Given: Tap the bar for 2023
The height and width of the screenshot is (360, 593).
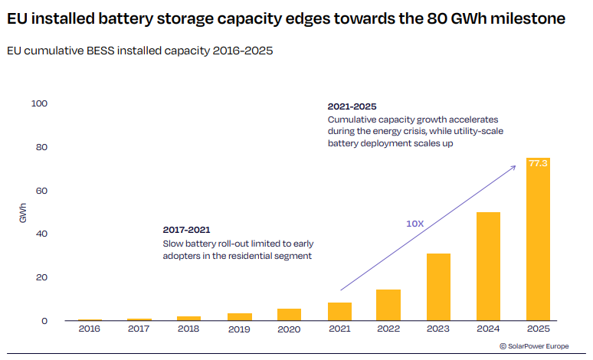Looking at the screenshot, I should [x=438, y=286].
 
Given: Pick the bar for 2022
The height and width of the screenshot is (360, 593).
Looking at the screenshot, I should [x=388, y=305].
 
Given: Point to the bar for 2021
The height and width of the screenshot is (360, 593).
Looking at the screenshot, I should [x=339, y=312].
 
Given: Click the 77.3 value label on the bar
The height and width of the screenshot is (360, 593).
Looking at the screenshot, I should [x=538, y=163].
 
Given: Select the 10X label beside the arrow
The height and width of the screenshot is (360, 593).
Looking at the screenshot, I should [x=414, y=224].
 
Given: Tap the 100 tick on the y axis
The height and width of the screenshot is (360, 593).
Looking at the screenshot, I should [x=38, y=103].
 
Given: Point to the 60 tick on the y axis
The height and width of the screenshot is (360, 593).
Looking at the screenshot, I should [x=41, y=191].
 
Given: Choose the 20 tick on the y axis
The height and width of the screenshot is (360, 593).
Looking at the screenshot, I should [x=41, y=277].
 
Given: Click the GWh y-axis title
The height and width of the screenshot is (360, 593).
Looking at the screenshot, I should [x=22, y=213].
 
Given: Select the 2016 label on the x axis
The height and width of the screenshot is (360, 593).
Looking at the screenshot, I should [x=90, y=329].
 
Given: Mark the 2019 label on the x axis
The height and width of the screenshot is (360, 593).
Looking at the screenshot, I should [x=239, y=329].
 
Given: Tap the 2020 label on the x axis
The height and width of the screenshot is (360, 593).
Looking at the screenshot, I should [x=289, y=329].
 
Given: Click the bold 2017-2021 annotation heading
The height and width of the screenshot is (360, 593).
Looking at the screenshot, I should [x=186, y=230].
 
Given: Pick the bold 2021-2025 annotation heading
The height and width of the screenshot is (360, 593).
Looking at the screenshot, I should [x=352, y=106].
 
